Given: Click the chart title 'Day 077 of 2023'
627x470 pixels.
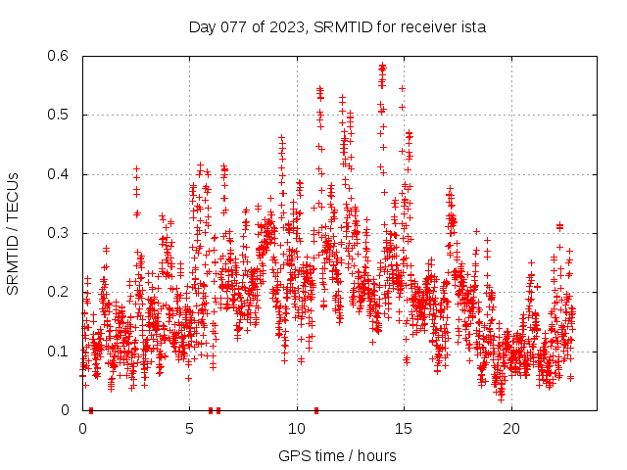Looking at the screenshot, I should click(246, 26).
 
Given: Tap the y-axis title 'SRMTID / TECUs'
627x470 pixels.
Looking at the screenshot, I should click(13, 233).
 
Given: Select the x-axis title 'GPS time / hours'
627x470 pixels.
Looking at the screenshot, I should click(337, 455).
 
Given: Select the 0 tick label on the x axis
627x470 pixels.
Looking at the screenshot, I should click(82, 428).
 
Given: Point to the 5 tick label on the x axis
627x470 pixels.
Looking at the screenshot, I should click(189, 428).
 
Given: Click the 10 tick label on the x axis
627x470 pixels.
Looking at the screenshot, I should click(297, 428).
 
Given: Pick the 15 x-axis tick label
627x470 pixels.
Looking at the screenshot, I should click(404, 428).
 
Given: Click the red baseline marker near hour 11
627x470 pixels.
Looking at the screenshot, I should click(315, 409).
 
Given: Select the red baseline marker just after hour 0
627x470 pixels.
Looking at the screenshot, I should click(91, 409).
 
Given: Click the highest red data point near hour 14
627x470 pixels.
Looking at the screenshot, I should click(382, 66).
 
